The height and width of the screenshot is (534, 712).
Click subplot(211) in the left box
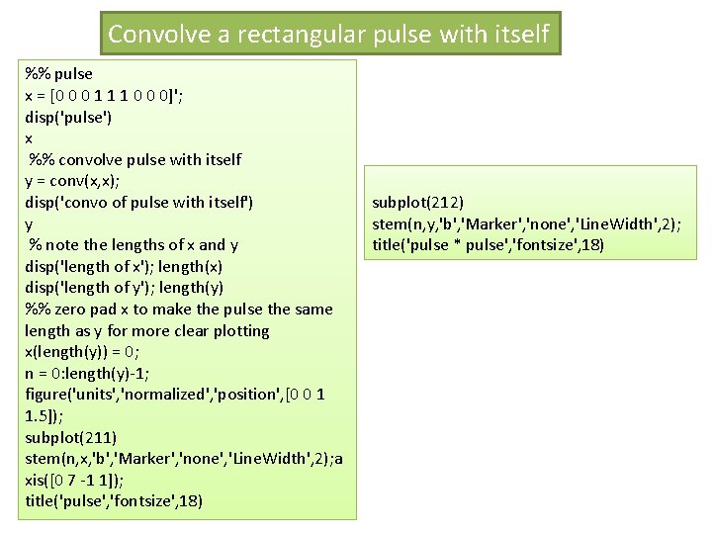[71, 437]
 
